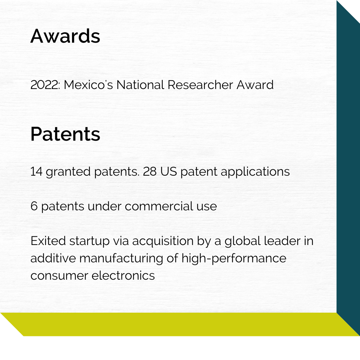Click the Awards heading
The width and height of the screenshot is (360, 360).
click(65, 36)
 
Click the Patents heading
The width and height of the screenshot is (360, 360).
click(65, 134)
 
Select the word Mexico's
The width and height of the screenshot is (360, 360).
click(88, 85)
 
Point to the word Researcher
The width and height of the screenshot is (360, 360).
click(200, 85)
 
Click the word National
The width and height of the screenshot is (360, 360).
click(140, 85)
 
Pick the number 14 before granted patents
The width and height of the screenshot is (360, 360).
click(36, 172)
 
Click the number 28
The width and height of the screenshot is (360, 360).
click(150, 172)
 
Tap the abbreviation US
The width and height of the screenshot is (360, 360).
click(169, 172)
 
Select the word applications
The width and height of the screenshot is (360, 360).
click(255, 172)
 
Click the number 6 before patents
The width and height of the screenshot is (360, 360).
click(34, 206)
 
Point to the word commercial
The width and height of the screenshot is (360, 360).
click(159, 206)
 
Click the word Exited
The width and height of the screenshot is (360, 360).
click(48, 241)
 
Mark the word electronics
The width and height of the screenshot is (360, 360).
click(123, 276)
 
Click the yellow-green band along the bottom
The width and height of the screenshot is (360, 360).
click(180, 324)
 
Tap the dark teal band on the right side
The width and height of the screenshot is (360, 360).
click(348, 168)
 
